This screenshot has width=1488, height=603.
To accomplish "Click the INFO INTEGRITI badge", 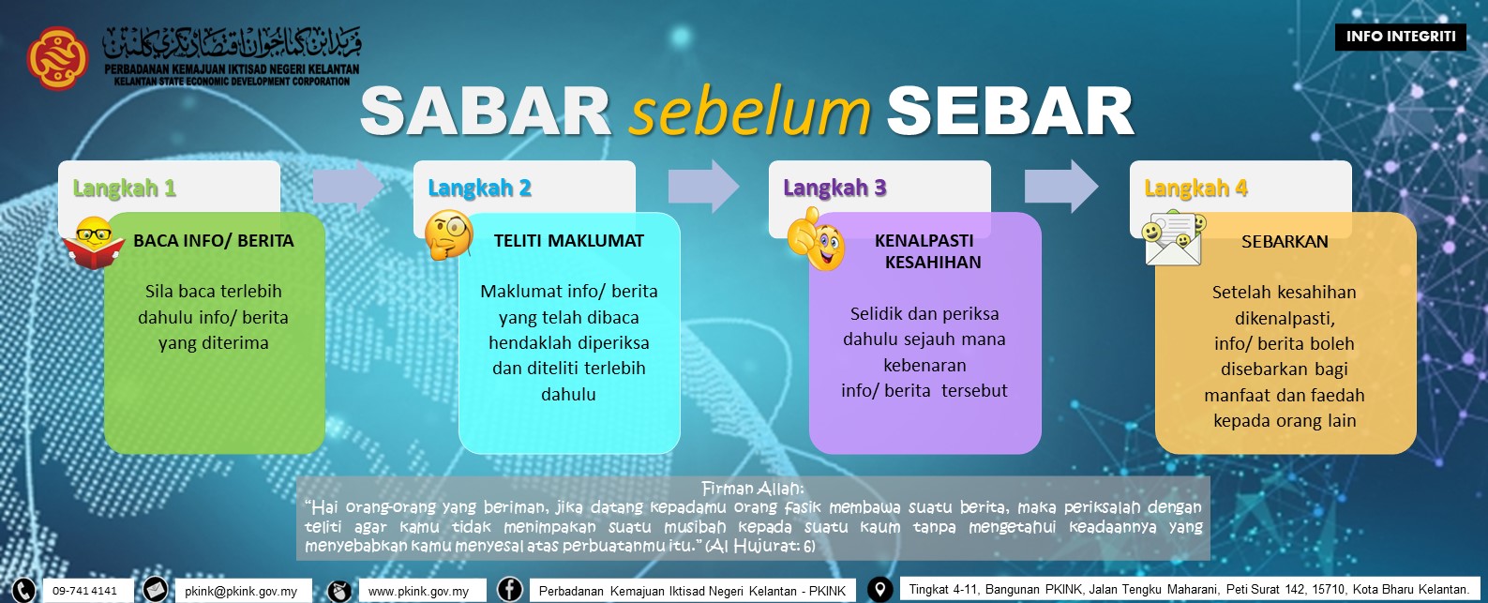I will coord(1400,37).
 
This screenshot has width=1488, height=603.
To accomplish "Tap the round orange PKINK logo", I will coord(57,57).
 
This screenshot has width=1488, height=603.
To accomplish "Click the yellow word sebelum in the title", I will coord(750,112).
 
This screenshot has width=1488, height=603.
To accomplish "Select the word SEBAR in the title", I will coord(1010,112).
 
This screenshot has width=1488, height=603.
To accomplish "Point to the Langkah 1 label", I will coord(124,188).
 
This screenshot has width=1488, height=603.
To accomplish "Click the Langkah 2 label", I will coord(479,188).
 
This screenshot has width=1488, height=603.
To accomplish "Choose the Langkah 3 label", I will coord(834,188).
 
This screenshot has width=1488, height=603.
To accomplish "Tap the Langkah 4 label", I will coord(1195,188).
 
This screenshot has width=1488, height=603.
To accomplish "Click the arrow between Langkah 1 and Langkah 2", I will coord(347,187).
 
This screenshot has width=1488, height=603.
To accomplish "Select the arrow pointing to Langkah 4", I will coord(1060,186).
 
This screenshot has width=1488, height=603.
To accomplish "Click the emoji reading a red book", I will coord(94,243).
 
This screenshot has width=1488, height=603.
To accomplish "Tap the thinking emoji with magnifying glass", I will coord(448,234).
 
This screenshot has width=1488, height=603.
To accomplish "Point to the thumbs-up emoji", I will coord(816,240).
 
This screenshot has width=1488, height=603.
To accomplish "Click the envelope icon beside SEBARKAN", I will coord(1173,239).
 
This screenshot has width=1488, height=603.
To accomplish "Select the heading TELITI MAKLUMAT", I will coord(568,241).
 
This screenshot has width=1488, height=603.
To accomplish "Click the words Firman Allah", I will coord(752,489).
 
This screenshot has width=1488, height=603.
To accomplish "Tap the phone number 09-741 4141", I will coord(84,591).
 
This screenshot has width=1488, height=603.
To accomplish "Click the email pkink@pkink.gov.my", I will coord(241,591).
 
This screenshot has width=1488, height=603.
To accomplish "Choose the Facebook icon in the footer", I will coord(509,589).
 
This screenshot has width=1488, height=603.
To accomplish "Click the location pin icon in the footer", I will coord(879,589).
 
